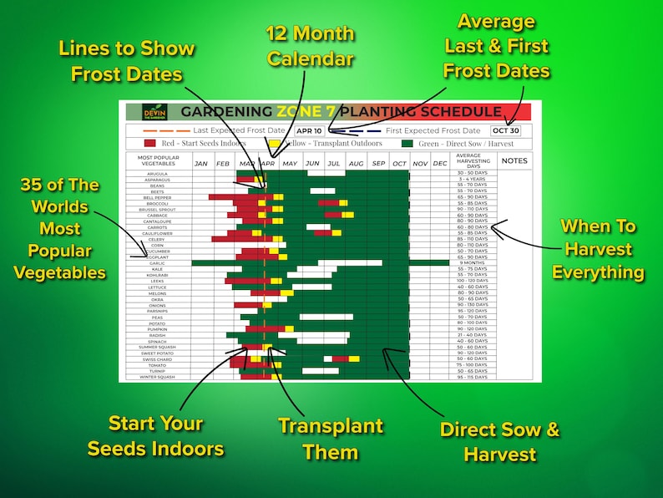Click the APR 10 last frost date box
tap(309, 130)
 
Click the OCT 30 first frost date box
tap(506, 130)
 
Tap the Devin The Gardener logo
tap(150, 112)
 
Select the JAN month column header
tap(201, 163)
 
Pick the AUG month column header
tap(356, 163)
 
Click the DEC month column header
tap(440, 163)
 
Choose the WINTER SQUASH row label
tap(158, 377)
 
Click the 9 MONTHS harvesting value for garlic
tap(473, 263)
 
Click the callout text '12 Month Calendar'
tap(310, 47)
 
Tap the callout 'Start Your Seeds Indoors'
tap(155, 435)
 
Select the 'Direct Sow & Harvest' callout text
tap(499, 442)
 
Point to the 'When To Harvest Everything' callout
tap(597, 249)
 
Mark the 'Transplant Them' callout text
tap(331, 439)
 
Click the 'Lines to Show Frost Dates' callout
tap(127, 61)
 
